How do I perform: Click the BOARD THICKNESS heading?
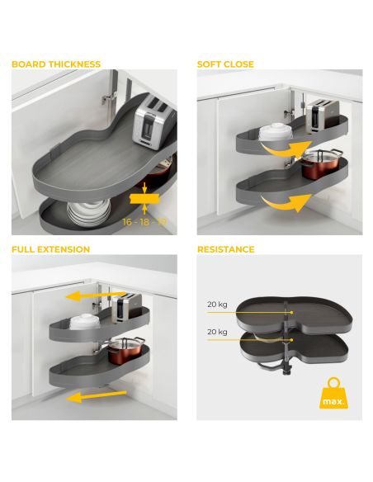pos(56,64)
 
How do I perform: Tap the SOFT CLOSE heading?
pos(225,64)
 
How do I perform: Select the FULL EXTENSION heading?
pos(51,249)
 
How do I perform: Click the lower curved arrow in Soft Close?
pos(282,203)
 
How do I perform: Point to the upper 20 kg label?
pos(218,304)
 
